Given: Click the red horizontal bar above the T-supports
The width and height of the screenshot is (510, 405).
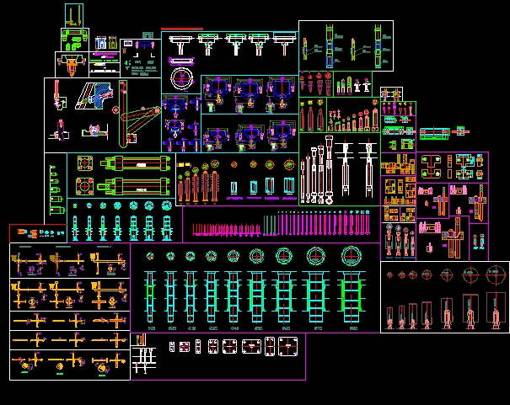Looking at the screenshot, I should click(x=182, y=29).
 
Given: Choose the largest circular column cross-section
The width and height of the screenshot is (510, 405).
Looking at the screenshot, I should click(x=347, y=255).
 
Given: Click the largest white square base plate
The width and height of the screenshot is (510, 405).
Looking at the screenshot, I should click(x=288, y=345).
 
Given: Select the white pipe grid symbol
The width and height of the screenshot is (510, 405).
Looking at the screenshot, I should click(x=144, y=360).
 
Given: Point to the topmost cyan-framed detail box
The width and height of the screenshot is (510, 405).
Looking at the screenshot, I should click(x=74, y=14).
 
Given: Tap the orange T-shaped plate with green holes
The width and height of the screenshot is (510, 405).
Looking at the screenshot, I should click(x=433, y=163).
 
